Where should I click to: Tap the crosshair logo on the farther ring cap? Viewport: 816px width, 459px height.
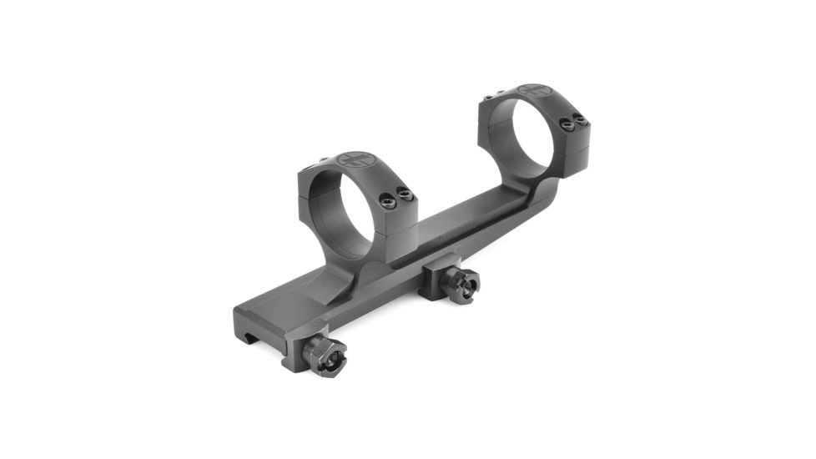click(x=533, y=90)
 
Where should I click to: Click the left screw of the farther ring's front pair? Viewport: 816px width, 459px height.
click(x=568, y=125)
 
